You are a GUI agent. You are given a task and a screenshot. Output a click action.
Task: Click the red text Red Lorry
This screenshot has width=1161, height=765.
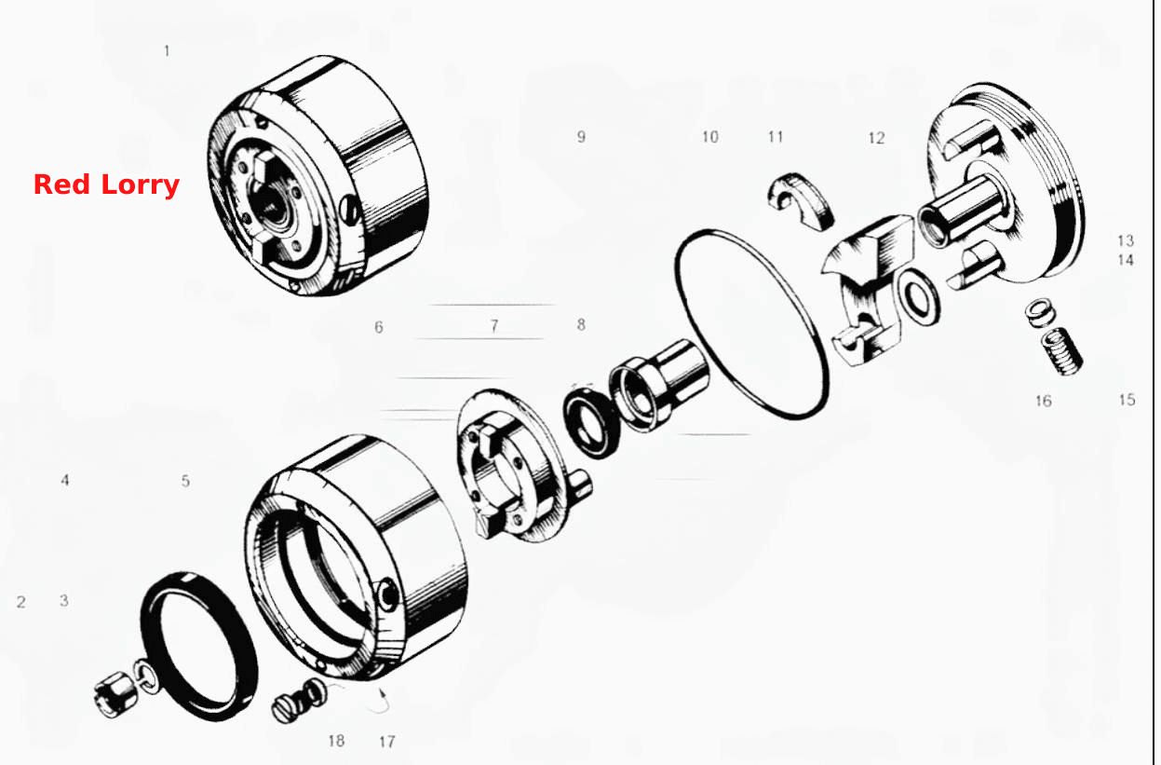coord(106,185)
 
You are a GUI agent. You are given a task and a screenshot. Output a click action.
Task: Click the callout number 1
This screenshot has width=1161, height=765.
coord(167,51)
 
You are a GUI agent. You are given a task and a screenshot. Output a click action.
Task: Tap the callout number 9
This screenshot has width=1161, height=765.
coord(581,137)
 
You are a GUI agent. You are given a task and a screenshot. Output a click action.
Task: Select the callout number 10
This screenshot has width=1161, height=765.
coord(710,137)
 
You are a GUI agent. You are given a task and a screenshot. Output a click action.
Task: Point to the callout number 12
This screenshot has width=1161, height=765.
coord(876,138)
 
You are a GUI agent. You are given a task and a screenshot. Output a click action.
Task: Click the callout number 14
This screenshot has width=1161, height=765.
coord(1126,260)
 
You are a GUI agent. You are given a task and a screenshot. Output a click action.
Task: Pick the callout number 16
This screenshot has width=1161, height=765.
coord(1044,401)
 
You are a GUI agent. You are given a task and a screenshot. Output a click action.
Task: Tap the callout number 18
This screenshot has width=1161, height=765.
coord(336,741)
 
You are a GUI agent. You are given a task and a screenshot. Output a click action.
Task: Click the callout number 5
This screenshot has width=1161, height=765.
coord(185,481)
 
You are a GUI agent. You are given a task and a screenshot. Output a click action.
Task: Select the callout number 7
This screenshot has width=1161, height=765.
coord(494,325)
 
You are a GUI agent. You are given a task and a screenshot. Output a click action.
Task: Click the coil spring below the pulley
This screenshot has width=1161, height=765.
coord(1062,351)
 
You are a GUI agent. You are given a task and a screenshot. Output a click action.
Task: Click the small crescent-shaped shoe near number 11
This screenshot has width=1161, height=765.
coord(801,200)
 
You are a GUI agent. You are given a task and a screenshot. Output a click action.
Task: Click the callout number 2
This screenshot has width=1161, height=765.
coord(20,602)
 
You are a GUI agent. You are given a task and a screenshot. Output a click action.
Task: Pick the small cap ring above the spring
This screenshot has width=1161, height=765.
coord(1040,312)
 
